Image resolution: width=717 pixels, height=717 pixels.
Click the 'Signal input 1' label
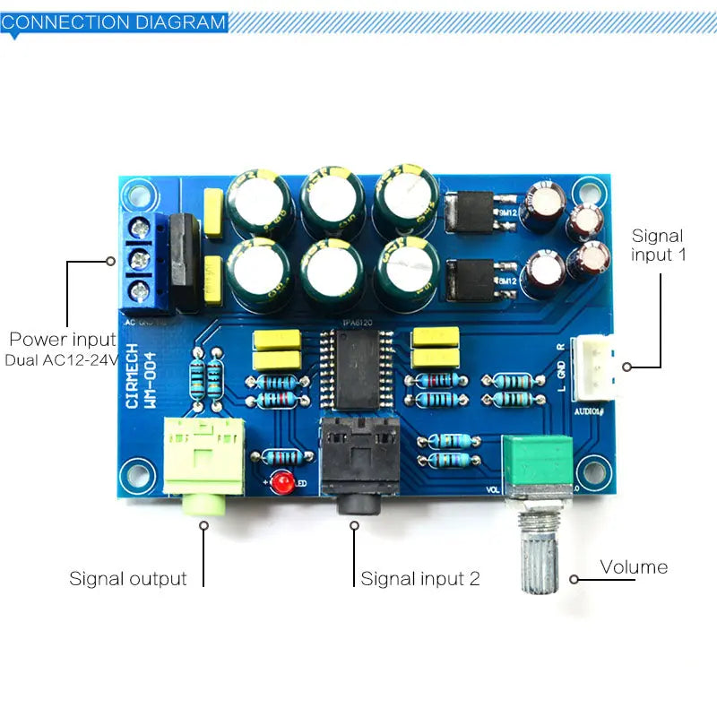[x=660, y=246]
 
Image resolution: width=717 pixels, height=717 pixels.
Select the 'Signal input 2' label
[x=420, y=579]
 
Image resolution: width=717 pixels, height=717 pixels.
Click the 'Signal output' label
[x=128, y=579]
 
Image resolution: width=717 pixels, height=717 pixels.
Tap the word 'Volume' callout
[x=634, y=567]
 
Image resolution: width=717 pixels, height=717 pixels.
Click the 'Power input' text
[x=63, y=340]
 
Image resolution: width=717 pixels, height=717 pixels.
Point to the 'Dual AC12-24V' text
[x=60, y=360]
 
